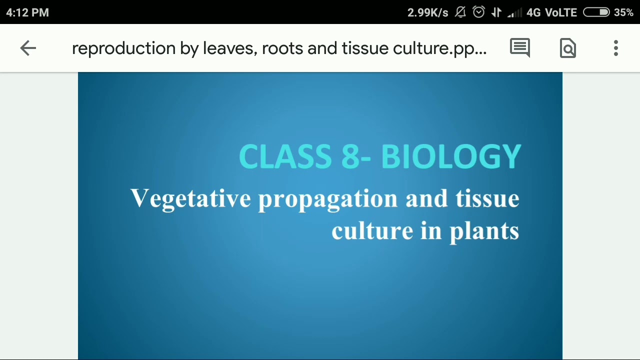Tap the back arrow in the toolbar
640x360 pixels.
coord(28,48)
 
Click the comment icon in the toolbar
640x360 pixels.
coord(520,48)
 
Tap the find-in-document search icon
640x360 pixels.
coord(568,48)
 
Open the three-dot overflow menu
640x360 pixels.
coord(616,48)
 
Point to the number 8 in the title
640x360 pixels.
coord(350,157)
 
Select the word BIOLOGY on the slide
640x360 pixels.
coord(451,157)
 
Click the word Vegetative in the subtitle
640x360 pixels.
coord(190,199)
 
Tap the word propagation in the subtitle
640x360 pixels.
coord(327,199)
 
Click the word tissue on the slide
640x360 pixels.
coord(487,199)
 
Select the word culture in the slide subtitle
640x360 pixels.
coord(372,231)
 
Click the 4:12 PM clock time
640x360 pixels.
coord(27,12)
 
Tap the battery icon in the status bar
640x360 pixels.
coord(596,12)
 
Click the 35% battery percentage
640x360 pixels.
coord(623,12)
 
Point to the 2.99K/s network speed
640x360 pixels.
coord(427,12)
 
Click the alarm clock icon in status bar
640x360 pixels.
coord(478,12)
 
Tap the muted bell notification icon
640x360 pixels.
coord(460,12)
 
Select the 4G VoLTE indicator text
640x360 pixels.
coord(551,12)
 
